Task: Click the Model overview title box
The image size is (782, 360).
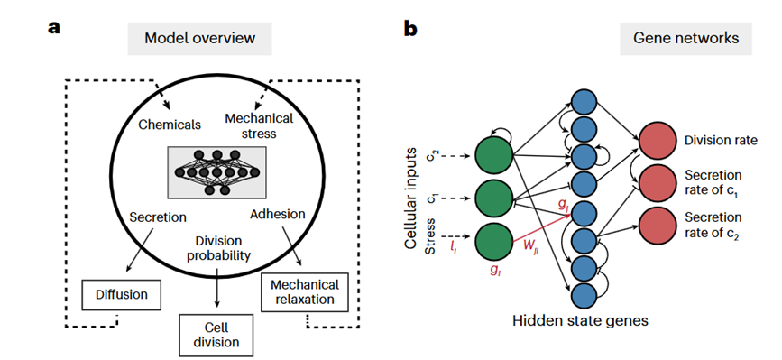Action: pos(200,39)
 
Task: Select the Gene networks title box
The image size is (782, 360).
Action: pos(685,39)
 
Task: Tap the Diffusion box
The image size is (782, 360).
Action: pos(122,295)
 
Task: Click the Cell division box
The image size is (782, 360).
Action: pos(216,335)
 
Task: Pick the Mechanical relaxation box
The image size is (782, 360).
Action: pos(304,292)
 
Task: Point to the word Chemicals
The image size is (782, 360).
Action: pos(170,125)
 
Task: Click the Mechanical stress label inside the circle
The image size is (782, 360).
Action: pos(259,126)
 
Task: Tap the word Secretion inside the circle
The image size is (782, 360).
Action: pos(158,217)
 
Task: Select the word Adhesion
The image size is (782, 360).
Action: pos(278,215)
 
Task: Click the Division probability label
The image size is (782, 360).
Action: pos(216,249)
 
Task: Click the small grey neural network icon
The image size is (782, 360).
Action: pos(216,172)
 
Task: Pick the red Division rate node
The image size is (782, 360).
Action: pos(658,141)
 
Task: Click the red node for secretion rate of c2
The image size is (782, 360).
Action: pos(658,226)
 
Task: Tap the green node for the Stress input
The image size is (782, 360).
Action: pos(493,243)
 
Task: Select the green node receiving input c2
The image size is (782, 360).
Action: pos(493,155)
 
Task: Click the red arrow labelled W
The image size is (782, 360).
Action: pos(541,227)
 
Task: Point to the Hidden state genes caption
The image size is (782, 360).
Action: pos(580,320)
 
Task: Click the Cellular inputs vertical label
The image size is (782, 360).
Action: pos(411,198)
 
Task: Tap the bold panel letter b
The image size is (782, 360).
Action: pos(410,29)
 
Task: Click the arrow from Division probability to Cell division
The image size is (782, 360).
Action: pos(216,288)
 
